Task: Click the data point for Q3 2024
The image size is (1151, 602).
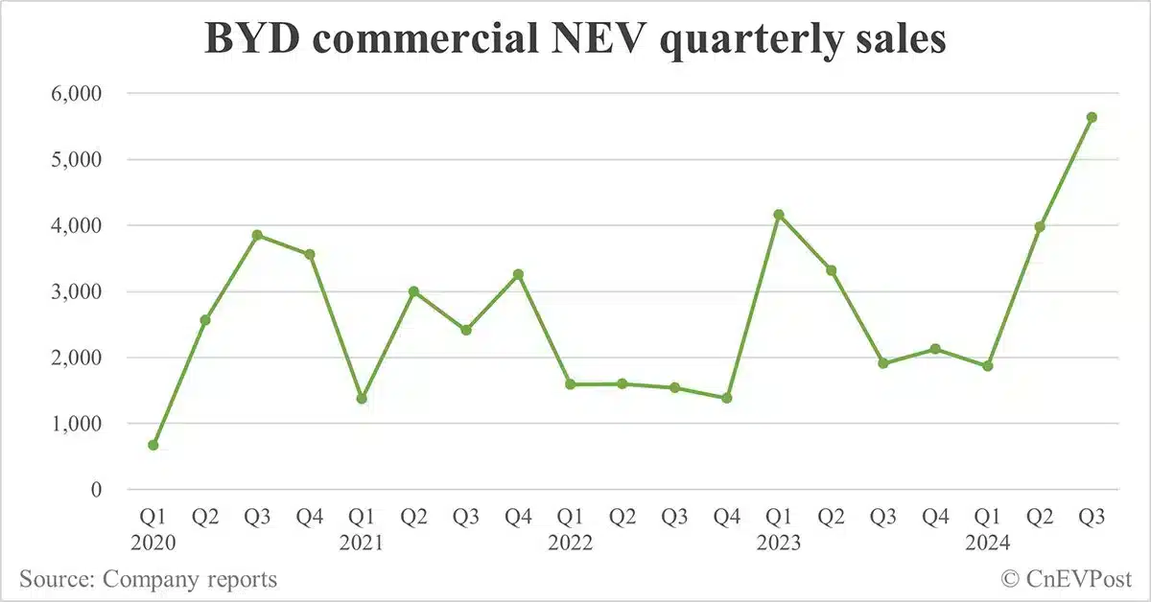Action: tap(1092, 118)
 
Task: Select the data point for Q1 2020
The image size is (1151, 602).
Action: tap(153, 445)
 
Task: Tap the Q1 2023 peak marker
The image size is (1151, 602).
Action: tap(779, 215)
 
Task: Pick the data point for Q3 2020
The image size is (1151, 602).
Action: tap(257, 235)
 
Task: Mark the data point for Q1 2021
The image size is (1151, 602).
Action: tap(362, 399)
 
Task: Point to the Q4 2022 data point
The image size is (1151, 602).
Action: tap(726, 398)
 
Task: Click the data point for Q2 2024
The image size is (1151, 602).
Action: tap(1040, 227)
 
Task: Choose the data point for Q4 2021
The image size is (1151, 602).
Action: tap(518, 275)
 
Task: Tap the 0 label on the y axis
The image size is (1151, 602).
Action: tap(95, 490)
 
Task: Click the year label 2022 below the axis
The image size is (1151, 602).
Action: tap(571, 543)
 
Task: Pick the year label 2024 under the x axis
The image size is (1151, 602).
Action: tap(988, 543)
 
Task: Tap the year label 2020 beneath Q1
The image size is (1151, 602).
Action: tap(153, 543)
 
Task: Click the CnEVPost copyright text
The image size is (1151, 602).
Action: tap(1067, 578)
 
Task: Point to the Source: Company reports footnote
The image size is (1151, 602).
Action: tap(149, 579)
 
